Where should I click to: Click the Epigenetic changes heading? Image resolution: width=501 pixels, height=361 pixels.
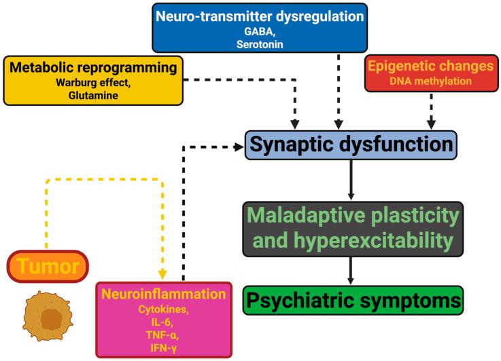429,67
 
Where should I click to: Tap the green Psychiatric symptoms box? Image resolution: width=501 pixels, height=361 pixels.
353,299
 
